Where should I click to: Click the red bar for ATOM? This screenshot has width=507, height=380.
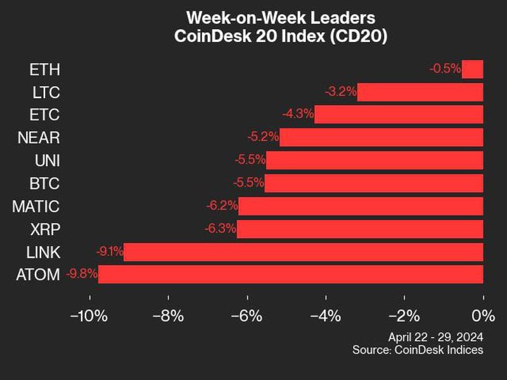(290, 274)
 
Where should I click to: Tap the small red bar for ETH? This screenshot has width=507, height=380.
(473, 68)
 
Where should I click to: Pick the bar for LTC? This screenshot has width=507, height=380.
(420, 92)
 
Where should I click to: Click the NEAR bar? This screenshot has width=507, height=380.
(381, 137)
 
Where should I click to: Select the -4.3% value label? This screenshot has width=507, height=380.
(297, 115)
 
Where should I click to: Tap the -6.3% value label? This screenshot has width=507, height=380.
(220, 229)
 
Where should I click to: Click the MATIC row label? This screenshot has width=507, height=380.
(35, 206)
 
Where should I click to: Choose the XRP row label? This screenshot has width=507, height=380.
(44, 229)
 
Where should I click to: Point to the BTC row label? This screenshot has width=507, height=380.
(44, 183)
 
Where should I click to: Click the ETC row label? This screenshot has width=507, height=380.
(44, 115)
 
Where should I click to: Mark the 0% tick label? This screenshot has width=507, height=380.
(484, 315)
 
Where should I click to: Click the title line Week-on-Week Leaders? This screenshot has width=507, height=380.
(280, 17)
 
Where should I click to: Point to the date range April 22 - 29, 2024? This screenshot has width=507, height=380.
(435, 336)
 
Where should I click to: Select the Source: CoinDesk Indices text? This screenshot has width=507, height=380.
(418, 350)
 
